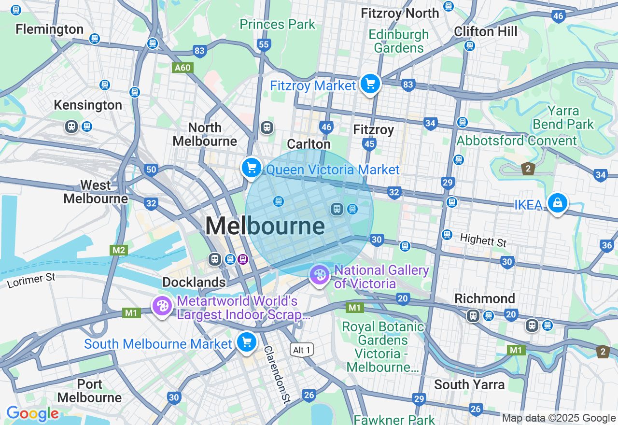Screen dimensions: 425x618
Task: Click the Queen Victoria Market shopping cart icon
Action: coord(251,168)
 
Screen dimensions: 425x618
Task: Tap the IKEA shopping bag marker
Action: coord(557,203)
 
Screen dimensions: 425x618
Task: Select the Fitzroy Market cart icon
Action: coord(370,84)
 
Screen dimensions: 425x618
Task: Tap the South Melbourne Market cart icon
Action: coord(247,342)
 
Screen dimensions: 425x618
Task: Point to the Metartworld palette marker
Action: coord(162,306)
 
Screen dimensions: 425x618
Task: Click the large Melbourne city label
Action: coord(265,226)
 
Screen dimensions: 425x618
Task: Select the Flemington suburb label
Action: coord(50,29)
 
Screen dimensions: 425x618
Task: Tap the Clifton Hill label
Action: coord(485,32)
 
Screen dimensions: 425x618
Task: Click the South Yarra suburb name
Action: coord(469,384)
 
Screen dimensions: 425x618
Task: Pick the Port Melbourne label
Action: coord(90,391)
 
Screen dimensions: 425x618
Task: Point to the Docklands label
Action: coord(194,282)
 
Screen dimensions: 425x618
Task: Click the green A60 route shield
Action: coord(183,68)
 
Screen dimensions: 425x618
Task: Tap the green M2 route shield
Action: coord(118,250)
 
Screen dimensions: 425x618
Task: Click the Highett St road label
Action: coord(483,240)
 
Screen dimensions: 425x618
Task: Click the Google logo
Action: coord(32,414)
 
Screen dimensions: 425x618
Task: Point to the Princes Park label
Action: coord(277,24)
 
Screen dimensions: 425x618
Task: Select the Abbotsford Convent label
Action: coord(517,141)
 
